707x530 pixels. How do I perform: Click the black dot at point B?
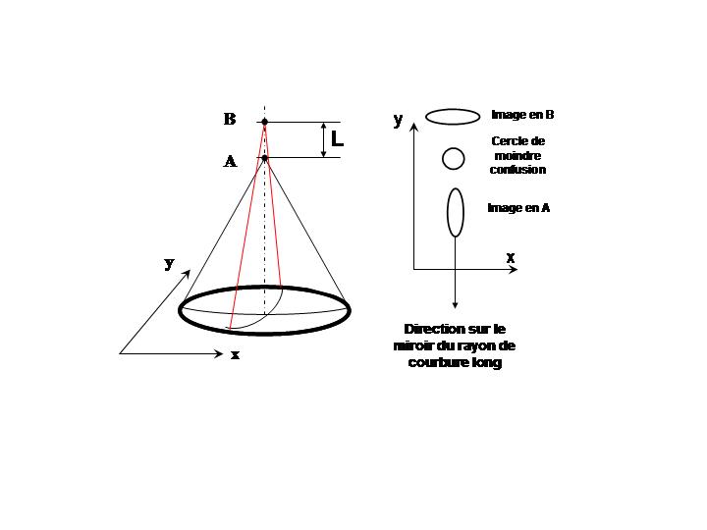click(265, 122)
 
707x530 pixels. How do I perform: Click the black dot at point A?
click(265, 158)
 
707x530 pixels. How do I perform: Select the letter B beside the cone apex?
click(230, 119)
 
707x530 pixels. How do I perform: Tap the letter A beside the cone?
click(230, 161)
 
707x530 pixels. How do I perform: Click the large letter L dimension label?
click(337, 138)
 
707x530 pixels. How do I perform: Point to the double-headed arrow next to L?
click(323, 139)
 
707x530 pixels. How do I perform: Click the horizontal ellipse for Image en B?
click(453, 117)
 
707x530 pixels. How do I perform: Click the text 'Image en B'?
click(522, 115)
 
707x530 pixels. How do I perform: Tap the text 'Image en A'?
click(518, 208)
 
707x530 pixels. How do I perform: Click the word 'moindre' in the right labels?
click(517, 156)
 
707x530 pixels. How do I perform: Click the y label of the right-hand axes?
click(398, 120)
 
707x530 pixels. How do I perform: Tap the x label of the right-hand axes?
click(510, 258)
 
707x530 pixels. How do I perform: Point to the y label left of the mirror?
click(169, 263)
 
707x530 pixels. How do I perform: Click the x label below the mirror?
click(235, 355)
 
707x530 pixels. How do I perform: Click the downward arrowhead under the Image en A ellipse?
click(455, 305)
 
